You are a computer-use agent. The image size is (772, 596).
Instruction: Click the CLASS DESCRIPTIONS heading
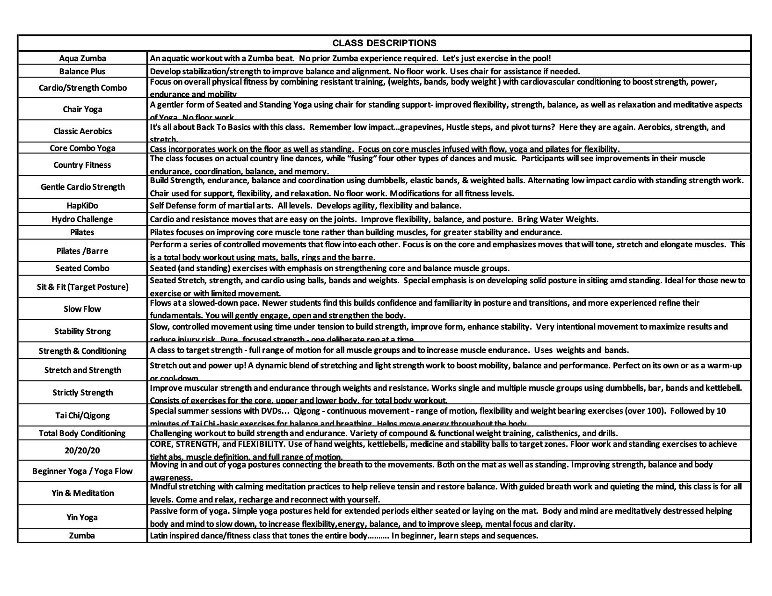pyautogui.click(x=384, y=43)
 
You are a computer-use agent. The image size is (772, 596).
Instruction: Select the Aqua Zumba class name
pyautogui.click(x=82, y=58)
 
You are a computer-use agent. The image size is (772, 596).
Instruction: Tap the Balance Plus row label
pyautogui.click(x=82, y=72)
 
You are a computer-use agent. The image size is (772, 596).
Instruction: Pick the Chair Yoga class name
pyautogui.click(x=82, y=109)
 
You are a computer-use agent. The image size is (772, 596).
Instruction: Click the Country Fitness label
pyautogui.click(x=82, y=165)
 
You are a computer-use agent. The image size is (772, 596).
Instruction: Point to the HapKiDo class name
pyautogui.click(x=82, y=206)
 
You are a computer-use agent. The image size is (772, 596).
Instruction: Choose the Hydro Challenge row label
pyautogui.click(x=82, y=219)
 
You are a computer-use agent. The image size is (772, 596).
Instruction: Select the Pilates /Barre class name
pyautogui.click(x=82, y=251)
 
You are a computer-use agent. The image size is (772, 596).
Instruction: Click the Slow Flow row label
pyautogui.click(x=82, y=309)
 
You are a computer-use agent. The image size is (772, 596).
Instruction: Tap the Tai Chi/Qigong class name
pyautogui.click(x=82, y=416)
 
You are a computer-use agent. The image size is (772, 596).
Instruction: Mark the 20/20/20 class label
pyautogui.click(x=82, y=450)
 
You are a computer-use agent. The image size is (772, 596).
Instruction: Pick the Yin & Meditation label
pyautogui.click(x=82, y=493)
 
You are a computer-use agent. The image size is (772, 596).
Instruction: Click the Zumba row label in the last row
pyautogui.click(x=82, y=536)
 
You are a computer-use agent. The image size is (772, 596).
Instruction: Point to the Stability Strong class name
pyautogui.click(x=82, y=331)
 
